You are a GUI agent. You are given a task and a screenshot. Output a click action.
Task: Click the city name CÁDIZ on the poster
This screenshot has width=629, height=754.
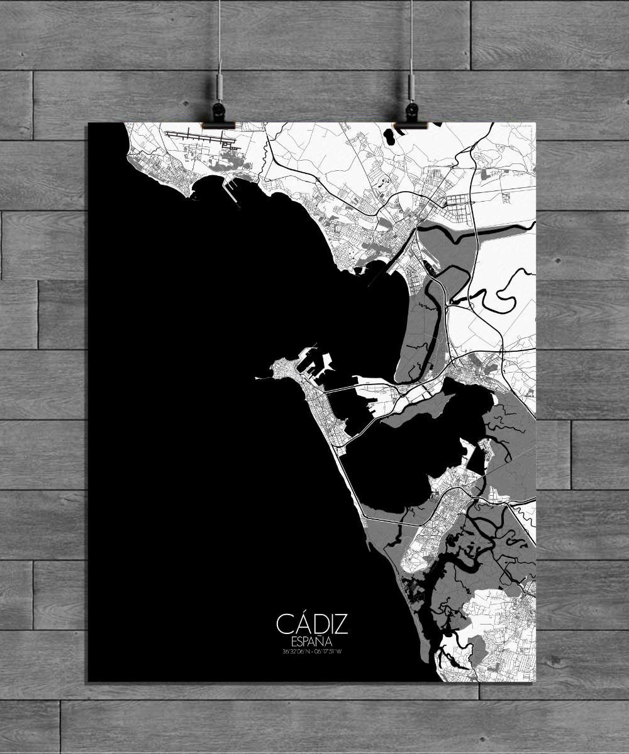point(311,624)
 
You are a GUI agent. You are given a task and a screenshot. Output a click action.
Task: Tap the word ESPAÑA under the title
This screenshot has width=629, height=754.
point(311,642)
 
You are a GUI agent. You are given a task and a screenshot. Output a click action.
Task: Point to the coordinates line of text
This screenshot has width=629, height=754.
point(311,651)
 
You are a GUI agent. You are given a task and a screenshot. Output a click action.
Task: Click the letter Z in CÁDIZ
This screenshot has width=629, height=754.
point(340,624)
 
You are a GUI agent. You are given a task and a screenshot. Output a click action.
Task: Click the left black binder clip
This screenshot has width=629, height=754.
point(218,116)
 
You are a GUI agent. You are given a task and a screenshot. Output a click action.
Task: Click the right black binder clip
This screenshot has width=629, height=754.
point(412,116)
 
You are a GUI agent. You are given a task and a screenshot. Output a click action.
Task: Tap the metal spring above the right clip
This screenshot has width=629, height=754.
point(411,85)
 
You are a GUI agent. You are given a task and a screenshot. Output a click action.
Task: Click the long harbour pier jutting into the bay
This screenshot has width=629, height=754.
point(231,192)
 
